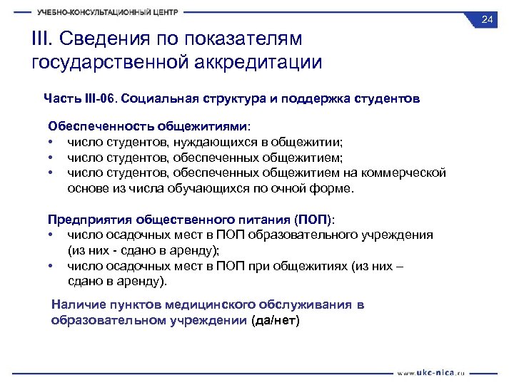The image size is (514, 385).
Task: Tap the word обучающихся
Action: coord(193,189)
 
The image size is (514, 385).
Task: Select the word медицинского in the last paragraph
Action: coord(201,305)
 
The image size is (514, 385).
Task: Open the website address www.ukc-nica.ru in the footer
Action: coord(432,372)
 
